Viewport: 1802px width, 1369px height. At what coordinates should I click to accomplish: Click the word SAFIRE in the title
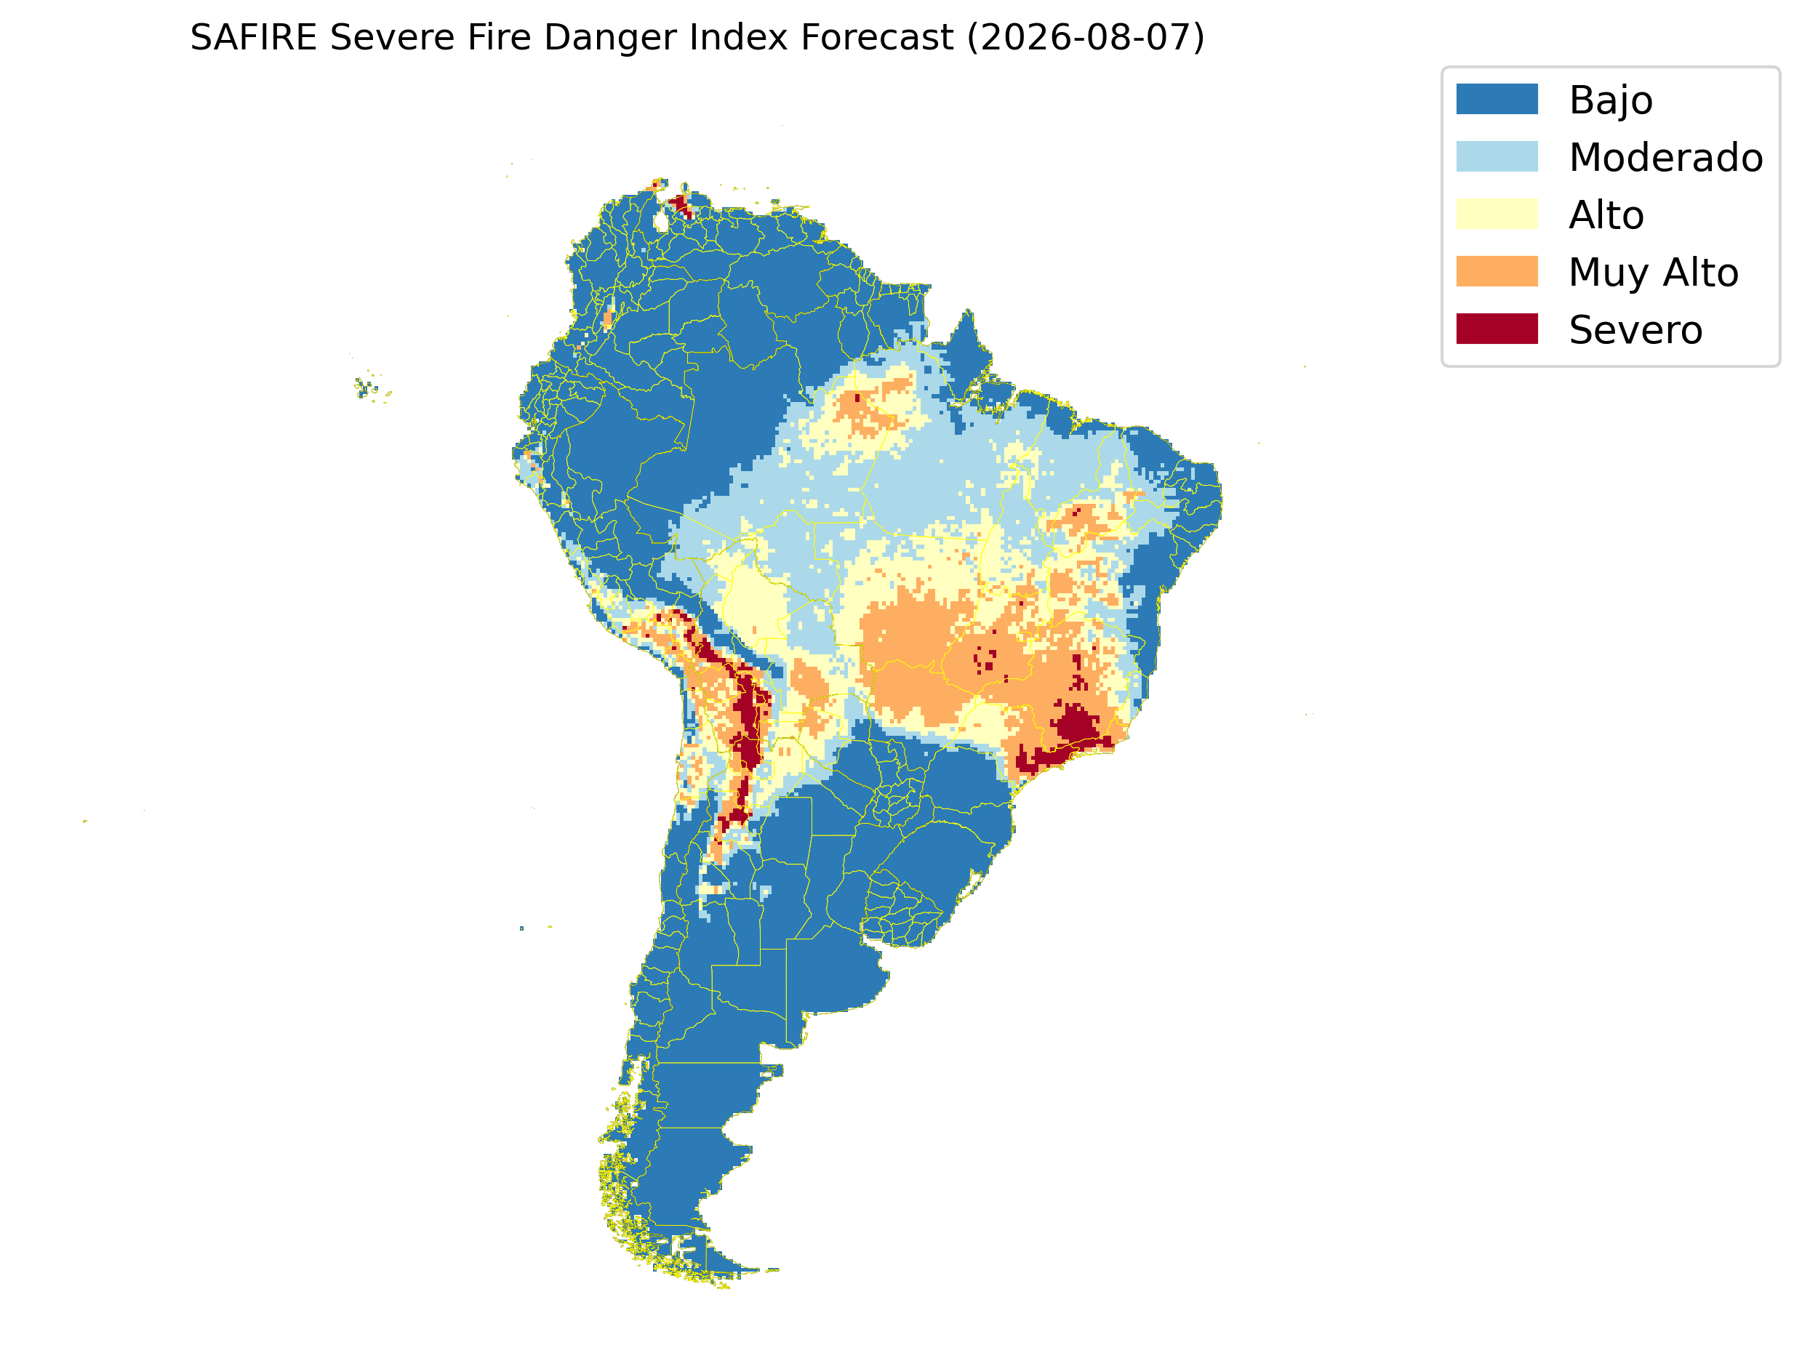[254, 38]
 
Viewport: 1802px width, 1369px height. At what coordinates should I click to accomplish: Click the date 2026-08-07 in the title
[1085, 38]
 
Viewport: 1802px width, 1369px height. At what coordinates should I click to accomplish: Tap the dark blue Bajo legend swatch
[1497, 100]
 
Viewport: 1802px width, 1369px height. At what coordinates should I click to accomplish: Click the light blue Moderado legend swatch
[1497, 156]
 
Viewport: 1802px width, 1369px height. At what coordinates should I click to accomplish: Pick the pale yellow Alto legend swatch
[1497, 214]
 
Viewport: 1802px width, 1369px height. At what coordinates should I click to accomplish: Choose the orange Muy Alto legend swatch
[1497, 271]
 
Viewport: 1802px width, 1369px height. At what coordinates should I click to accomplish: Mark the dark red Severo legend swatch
[1497, 329]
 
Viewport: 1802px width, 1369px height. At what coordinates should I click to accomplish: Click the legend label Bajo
[1611, 101]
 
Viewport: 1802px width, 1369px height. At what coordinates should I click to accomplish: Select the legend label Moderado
[1666, 157]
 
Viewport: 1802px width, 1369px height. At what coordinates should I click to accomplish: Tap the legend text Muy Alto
[1654, 273]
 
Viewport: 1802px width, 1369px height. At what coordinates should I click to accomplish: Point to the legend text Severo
[1635, 330]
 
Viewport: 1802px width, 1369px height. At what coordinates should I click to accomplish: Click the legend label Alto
[1606, 215]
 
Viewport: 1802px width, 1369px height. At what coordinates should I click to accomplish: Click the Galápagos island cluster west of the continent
[372, 387]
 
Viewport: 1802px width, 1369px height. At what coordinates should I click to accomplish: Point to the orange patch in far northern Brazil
[864, 412]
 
